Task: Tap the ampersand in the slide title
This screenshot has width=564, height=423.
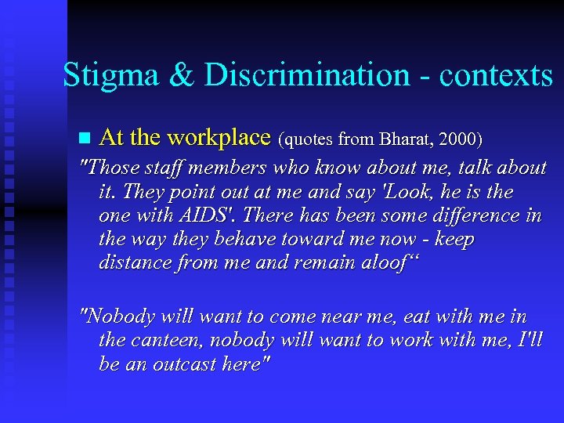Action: [x=183, y=76]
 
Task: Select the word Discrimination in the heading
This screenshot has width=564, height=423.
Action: [x=306, y=76]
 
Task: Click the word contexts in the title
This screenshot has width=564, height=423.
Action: [x=496, y=76]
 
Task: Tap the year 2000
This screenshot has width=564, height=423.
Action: [x=461, y=139]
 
